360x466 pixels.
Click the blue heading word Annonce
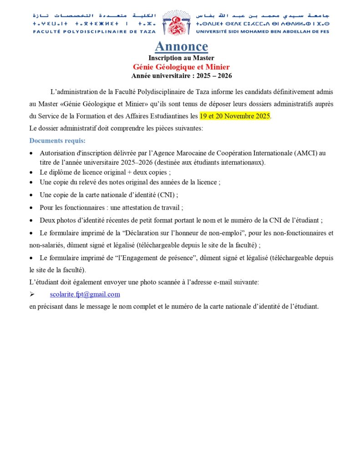[181, 46]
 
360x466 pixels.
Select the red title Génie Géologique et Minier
[181, 67]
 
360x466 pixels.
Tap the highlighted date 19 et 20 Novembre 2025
[235, 116]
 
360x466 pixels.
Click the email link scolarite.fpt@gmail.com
[85, 294]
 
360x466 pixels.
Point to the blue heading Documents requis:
[57, 141]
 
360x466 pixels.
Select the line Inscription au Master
[181, 58]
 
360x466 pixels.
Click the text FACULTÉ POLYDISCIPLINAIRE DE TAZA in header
[94, 31]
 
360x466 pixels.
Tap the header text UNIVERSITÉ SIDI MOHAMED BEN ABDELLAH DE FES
[263, 31]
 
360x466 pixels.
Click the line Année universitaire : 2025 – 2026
[182, 76]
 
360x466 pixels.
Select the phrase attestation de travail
[155, 208]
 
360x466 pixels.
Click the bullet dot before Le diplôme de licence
[30, 173]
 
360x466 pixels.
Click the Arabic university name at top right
[263, 15]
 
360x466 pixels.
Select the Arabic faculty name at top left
[94, 15]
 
